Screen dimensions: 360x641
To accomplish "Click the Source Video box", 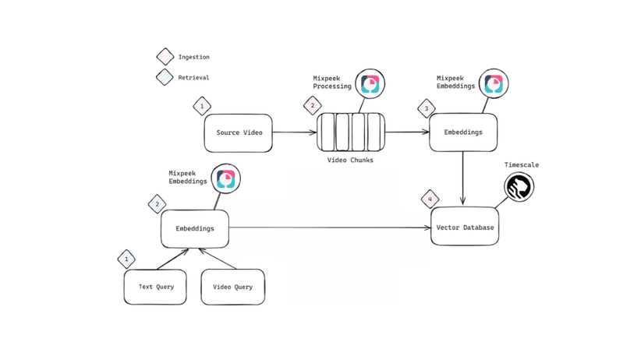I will click(x=239, y=133).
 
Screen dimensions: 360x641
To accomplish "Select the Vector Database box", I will click(x=464, y=226).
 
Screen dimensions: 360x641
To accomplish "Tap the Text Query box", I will click(x=155, y=287).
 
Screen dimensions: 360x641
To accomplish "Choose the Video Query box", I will click(x=232, y=287).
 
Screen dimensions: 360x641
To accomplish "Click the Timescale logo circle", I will click(x=519, y=187).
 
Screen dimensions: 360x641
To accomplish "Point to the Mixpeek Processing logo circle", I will click(x=370, y=84).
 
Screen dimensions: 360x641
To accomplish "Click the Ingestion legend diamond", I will click(x=165, y=57).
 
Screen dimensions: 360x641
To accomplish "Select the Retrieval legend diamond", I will click(x=165, y=77).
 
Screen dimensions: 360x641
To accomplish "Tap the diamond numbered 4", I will click(x=430, y=199).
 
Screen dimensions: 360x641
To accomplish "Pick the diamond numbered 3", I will click(x=426, y=108).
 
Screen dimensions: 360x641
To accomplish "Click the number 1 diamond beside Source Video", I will click(x=202, y=106).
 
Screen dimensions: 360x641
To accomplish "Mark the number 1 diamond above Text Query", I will click(x=126, y=259).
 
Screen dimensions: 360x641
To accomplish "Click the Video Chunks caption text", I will click(x=350, y=160).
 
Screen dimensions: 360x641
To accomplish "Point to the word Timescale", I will click(x=522, y=165).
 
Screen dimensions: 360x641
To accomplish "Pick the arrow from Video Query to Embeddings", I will click(x=216, y=259).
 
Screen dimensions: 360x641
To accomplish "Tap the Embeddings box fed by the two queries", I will click(x=195, y=228).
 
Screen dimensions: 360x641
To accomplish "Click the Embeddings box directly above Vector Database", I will click(x=463, y=132).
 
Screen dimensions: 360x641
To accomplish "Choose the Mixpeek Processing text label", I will click(x=332, y=82).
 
